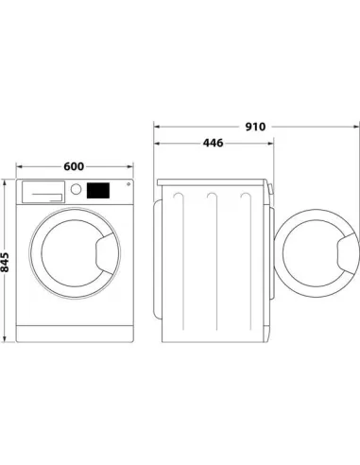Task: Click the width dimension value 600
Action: [72, 165]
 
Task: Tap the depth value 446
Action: [214, 145]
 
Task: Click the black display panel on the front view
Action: [96, 189]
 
